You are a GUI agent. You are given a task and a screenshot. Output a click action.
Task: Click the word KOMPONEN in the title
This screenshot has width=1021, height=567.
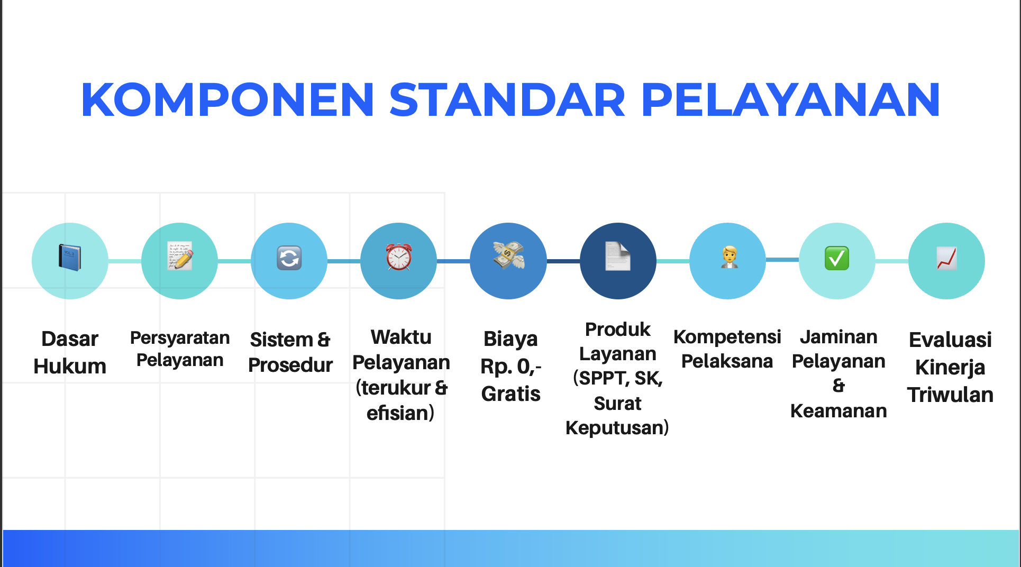coord(228,99)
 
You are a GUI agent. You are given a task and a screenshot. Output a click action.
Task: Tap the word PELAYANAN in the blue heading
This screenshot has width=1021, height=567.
coord(790,99)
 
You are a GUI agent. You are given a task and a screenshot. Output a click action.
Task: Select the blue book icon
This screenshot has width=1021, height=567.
coord(70,258)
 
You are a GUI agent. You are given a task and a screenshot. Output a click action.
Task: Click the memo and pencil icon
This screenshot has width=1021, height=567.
coord(180,256)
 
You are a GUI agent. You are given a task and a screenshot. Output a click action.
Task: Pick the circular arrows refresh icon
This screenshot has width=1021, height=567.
coord(289,259)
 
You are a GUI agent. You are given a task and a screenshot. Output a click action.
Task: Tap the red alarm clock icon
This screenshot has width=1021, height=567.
coord(399,257)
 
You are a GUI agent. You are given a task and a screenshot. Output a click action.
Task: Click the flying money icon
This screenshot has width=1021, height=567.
coord(508,255)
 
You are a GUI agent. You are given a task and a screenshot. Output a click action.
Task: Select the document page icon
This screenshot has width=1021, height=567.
coord(618,256)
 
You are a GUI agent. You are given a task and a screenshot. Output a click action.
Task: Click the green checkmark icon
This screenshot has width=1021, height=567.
coord(837,258)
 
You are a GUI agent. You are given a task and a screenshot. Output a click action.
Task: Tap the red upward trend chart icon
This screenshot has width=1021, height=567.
coord(946,258)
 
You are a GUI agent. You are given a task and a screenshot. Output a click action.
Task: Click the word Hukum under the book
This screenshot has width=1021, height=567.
coord(70,366)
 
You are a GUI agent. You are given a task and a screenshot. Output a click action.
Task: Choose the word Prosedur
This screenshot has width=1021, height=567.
coord(290,365)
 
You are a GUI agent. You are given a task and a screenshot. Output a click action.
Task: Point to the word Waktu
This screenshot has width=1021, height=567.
coord(401,337)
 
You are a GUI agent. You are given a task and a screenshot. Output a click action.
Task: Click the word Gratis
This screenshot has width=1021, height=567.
coord(510,394)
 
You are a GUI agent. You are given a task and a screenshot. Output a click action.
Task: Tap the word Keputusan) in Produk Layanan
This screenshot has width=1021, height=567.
coord(617,427)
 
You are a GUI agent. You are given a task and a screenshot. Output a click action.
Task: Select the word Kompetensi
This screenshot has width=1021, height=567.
coord(727,337)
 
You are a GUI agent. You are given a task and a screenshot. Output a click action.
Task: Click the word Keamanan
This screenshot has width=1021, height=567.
coord(838,411)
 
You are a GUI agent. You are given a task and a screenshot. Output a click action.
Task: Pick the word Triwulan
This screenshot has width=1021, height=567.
coord(950,395)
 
